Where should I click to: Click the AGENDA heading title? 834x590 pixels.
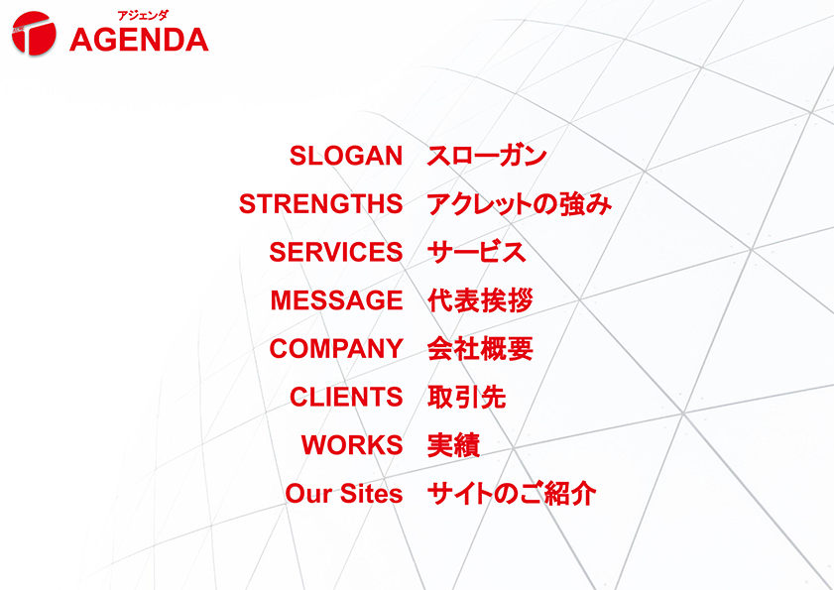tap(139, 40)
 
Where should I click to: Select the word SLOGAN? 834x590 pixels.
tap(346, 156)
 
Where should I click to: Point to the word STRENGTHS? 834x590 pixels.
tap(320, 204)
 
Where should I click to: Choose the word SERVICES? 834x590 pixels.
tap(335, 252)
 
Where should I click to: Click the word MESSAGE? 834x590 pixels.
tap(336, 300)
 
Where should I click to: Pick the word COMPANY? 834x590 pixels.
tap(335, 349)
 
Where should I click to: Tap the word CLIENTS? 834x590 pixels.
tap(346, 397)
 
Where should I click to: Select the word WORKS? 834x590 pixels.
tap(352, 445)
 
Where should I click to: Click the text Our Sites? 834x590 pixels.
tap(344, 494)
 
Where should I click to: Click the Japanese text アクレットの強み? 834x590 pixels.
tap(519, 204)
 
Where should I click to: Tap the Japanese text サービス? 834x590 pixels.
tap(476, 252)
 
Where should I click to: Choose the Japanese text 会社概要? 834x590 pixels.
tap(480, 349)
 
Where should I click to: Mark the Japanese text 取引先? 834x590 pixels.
tap(466, 397)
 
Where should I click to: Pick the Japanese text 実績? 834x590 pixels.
tap(453, 445)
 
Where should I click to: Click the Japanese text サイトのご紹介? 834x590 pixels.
tap(511, 494)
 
